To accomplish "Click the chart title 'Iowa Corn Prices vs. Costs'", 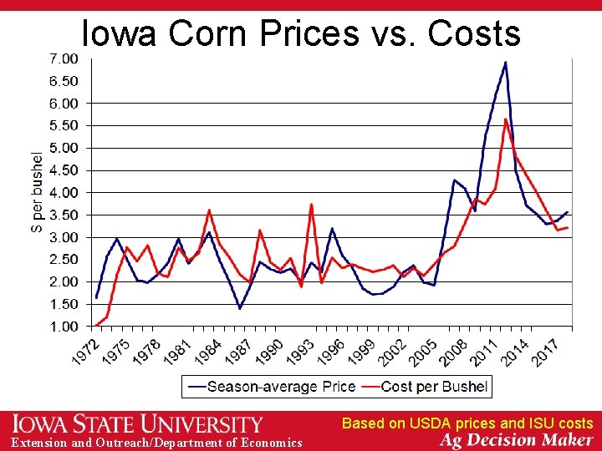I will pos(300,33).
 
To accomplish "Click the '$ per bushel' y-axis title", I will pos(38,192).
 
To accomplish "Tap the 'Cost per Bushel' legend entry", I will pos(434,387).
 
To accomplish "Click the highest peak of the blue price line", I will pos(505,63).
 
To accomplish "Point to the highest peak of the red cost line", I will pos(506,119).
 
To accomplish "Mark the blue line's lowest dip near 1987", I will pos(240,308).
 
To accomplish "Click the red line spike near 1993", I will pos(311,205).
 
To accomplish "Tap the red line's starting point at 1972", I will pos(97,325).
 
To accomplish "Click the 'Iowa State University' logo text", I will pos(138,424).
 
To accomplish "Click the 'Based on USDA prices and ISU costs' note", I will pos(467,423).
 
